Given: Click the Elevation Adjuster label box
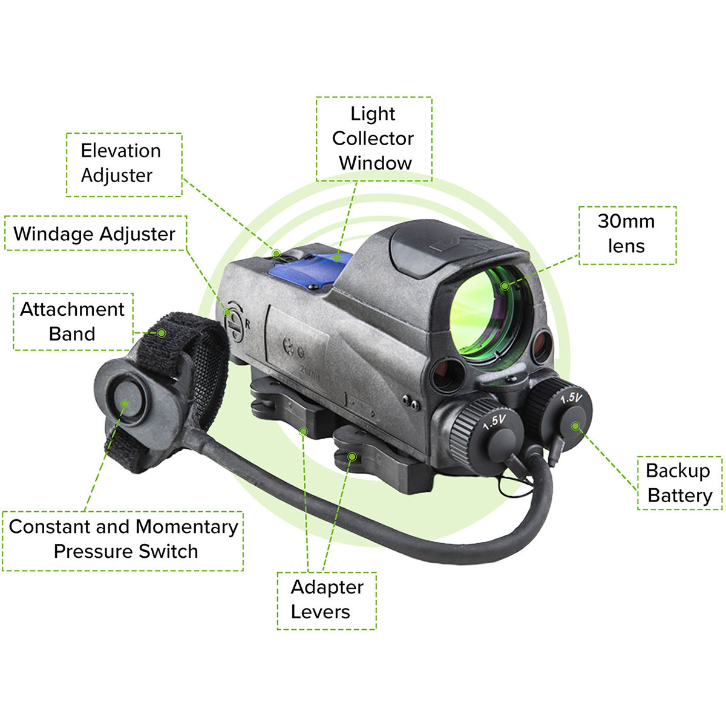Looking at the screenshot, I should tap(123, 164).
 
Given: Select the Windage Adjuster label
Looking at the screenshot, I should tap(95, 234).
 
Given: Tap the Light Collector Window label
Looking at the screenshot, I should tap(373, 139).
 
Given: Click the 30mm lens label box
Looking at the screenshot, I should tap(627, 235).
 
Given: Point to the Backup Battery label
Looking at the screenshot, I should tap(679, 483).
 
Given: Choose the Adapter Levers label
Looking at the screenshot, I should tap(327, 600).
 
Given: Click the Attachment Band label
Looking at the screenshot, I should tap(73, 321).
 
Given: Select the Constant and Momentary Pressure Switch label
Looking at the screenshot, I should tap(123, 539).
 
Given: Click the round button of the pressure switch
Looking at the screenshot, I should tap(125, 402).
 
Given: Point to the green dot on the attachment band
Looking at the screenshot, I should tap(162, 333).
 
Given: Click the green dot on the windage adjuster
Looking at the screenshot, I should tap(228, 312).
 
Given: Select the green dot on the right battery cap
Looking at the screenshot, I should tap(575, 426).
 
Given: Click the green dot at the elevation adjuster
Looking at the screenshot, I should tap(275, 253).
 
